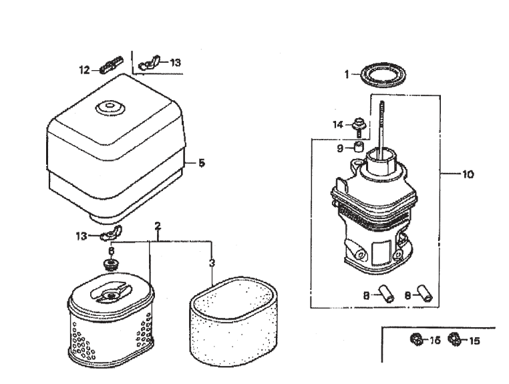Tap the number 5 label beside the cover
click(201, 162)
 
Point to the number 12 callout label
click(85, 69)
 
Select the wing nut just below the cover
click(109, 236)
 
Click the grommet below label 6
click(111, 262)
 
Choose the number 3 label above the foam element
click(212, 262)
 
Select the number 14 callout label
click(339, 124)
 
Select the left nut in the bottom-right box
click(414, 340)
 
